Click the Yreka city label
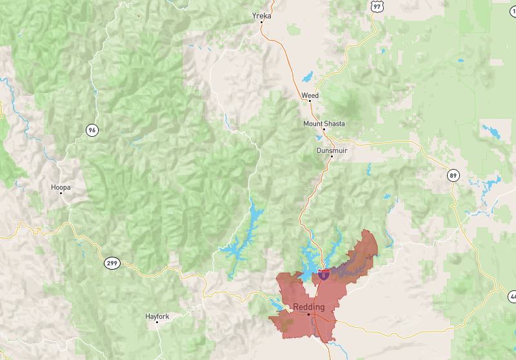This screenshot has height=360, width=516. point(261,15)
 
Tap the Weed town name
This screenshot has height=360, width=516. point(310,95)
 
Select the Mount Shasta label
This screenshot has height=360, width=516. point(324,123)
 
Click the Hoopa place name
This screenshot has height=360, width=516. point(61,187)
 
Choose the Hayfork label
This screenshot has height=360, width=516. point(158,316)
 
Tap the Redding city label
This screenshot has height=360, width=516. point(309,306)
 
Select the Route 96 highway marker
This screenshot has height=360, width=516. point(93,130)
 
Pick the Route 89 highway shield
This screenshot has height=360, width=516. point(454,175)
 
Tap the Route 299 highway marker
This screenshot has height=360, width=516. point(111,263)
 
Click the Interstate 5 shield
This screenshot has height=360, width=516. point(322,274)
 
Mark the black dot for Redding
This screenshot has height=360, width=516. point(308,314)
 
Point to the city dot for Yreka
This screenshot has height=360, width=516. point(261,23)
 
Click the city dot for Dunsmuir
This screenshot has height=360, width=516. point(332,157)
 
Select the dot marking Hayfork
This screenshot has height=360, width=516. point(158,323)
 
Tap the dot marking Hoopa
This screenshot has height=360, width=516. point(61,194)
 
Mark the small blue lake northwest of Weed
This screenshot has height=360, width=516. point(307,77)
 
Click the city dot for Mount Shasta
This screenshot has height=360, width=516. point(324,130)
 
